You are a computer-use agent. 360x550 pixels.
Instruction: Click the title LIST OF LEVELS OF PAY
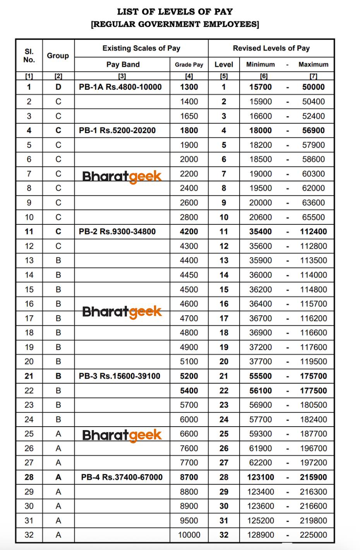click(175, 12)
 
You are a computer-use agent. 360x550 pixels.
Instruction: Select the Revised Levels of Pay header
click(271, 48)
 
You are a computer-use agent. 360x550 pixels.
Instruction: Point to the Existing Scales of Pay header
click(141, 48)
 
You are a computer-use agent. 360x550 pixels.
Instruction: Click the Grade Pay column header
click(189, 65)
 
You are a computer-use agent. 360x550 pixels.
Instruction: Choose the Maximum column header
click(313, 65)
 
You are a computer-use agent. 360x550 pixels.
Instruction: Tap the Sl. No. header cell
click(29, 56)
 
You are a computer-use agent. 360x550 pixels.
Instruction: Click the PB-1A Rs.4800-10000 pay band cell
click(120, 87)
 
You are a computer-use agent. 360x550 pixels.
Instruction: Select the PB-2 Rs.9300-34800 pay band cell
click(117, 232)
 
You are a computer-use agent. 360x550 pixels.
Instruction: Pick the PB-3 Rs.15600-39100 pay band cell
click(120, 376)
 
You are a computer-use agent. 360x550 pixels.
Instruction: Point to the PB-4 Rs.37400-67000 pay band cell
click(122, 477)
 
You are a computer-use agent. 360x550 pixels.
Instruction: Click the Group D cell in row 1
click(58, 87)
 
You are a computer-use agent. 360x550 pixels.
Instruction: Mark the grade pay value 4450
click(189, 275)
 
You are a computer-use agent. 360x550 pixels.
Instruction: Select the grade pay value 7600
click(189, 448)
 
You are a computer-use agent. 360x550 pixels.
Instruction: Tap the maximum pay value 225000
click(313, 535)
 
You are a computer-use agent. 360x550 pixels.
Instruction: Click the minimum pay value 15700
click(261, 87)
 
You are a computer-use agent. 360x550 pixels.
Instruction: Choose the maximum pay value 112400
click(313, 232)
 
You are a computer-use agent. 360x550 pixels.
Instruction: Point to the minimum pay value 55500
click(261, 376)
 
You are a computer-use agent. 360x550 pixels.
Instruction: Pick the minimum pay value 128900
click(261, 535)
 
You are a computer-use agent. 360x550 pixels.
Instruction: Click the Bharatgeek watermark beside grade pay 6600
click(122, 435)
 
